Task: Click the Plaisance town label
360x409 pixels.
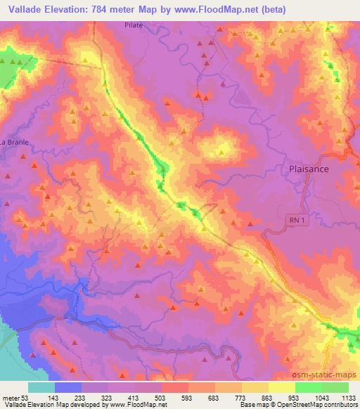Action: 309,169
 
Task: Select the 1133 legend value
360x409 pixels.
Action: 347,396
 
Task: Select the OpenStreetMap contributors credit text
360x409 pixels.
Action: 318,405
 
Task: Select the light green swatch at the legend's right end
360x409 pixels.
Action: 335,387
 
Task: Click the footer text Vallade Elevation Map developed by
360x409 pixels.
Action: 50,405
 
